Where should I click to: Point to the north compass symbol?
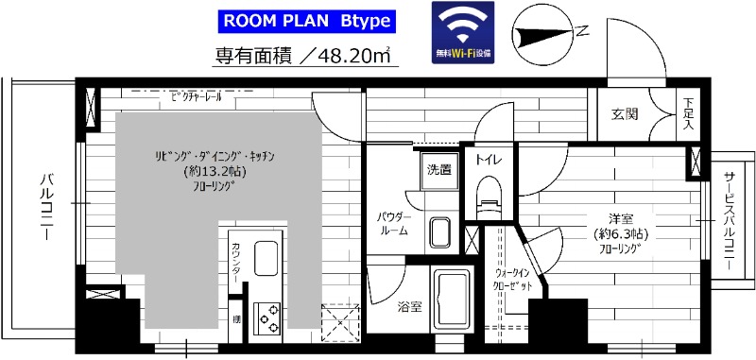(x=545, y=35)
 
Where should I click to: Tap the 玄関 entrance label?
(x=625, y=114)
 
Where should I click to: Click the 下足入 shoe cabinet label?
(x=688, y=113)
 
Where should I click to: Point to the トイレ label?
(x=488, y=160)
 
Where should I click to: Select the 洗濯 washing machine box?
(x=438, y=171)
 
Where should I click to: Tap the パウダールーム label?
(x=392, y=223)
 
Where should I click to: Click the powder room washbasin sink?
(x=439, y=231)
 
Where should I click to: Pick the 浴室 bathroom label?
(x=408, y=306)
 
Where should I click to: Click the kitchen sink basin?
(x=266, y=255)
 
